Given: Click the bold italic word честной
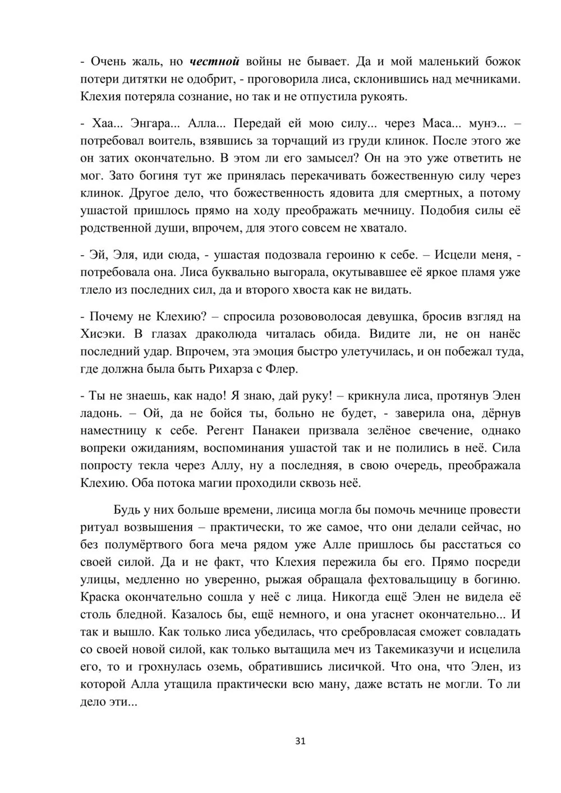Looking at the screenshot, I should click(x=215, y=61).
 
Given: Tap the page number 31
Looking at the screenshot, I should click(x=300, y=741).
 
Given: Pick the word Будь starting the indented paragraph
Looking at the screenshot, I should click(x=127, y=510).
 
